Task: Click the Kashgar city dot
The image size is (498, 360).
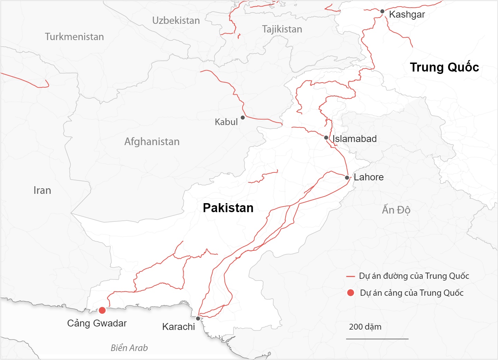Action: click(382, 11)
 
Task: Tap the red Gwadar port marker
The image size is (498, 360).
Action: click(102, 310)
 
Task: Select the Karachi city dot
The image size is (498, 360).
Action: click(198, 319)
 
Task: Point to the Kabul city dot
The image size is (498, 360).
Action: click(243, 117)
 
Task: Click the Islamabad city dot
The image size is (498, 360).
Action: click(326, 138)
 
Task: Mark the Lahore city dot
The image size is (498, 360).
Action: click(347, 178)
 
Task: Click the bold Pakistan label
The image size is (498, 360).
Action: click(228, 208)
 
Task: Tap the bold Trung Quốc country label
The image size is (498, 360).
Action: click(444, 67)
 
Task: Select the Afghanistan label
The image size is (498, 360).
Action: click(152, 142)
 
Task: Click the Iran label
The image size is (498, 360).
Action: click(42, 190)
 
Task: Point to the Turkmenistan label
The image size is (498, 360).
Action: click(74, 37)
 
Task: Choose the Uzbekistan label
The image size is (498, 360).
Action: click(176, 20)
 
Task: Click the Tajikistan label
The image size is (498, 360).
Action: click(282, 29)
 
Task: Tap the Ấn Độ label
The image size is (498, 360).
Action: click(396, 210)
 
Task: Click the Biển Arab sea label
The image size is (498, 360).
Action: click(129, 348)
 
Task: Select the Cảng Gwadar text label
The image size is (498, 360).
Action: click(97, 323)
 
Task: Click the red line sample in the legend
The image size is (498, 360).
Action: click(350, 277)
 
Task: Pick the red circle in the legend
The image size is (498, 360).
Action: click(351, 293)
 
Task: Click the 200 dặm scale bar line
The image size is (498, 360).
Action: click(377, 339)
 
